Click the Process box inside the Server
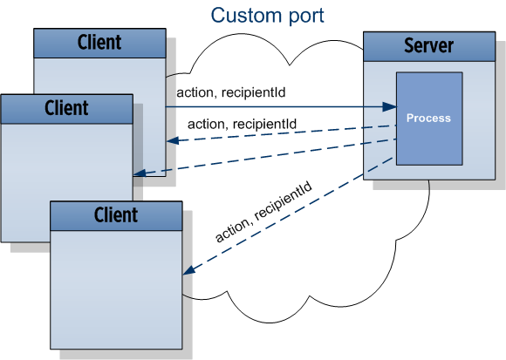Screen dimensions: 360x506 [429, 118]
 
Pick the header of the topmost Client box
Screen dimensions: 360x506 [99, 41]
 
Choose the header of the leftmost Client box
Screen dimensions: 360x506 [66, 108]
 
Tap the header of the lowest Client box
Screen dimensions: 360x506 [116, 214]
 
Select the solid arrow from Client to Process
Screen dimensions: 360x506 [279, 107]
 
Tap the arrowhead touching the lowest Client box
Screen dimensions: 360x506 [188, 272]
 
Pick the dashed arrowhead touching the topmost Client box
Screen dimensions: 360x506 [172, 141]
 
